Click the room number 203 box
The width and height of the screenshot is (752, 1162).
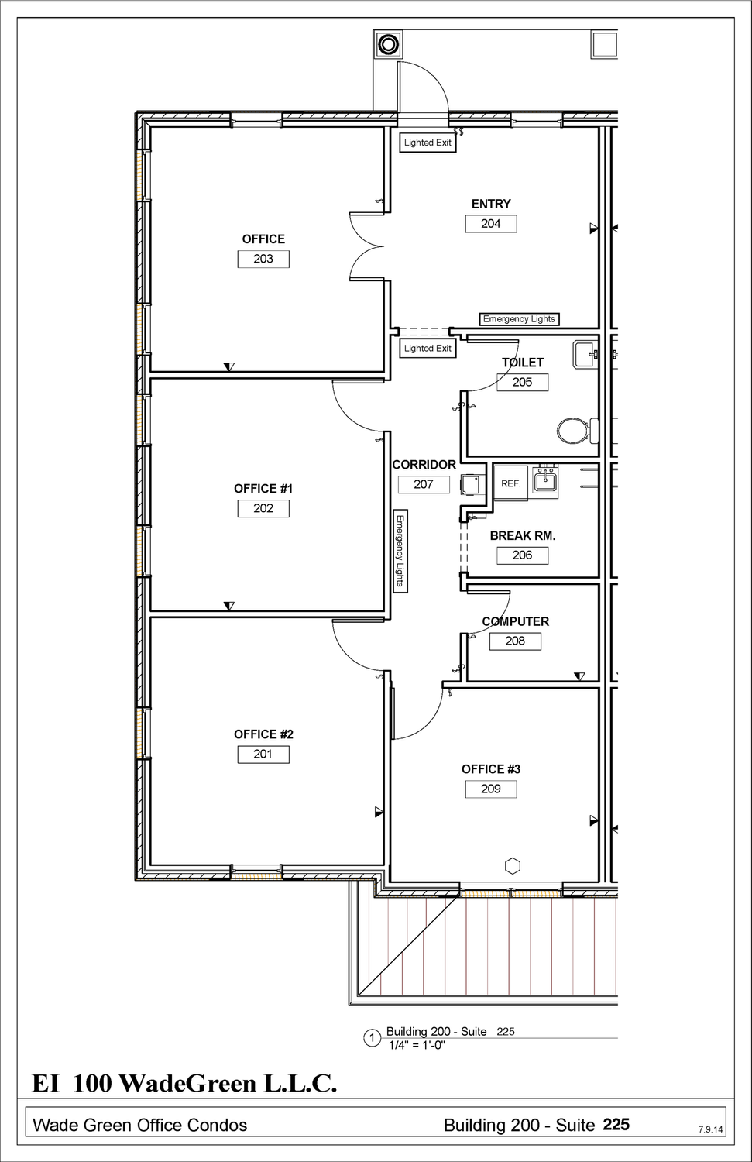263,259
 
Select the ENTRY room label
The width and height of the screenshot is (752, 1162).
491,204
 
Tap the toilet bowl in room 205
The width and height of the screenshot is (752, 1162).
573,431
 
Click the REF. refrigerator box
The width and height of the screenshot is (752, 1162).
510,483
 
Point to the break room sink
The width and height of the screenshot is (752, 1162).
545,482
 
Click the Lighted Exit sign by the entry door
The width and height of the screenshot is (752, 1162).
428,143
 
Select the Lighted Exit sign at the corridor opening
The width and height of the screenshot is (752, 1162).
428,348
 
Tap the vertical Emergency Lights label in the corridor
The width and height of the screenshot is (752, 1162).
400,551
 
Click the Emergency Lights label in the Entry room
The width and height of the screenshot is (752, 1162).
519,319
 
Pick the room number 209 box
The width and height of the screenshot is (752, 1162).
491,789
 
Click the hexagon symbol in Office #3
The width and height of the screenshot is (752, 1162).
513,866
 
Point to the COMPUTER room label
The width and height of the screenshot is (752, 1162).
516,621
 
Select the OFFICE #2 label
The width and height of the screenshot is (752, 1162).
263,734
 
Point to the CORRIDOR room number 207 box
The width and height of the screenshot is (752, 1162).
424,484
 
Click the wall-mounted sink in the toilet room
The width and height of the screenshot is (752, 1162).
585,355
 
